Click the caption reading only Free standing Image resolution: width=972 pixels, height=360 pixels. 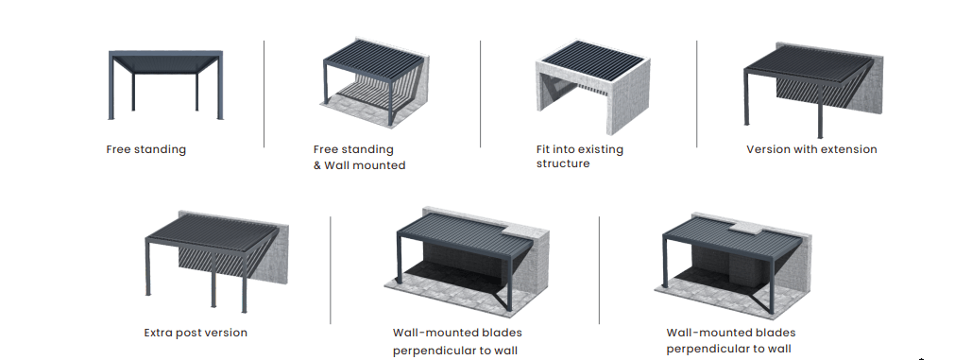coord(145,149)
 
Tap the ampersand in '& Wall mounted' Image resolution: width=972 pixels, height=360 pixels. coord(317,165)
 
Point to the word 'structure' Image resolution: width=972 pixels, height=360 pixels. coord(563,163)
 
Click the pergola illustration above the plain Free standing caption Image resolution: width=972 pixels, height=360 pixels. coord(165,85)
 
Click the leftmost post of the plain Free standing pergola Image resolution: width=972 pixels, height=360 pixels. coord(111,87)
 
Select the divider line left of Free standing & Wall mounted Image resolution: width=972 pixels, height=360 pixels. coord(264,94)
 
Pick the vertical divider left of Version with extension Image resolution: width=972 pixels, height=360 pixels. coord(697,94)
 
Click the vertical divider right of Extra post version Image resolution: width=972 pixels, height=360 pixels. coord(331,270)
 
